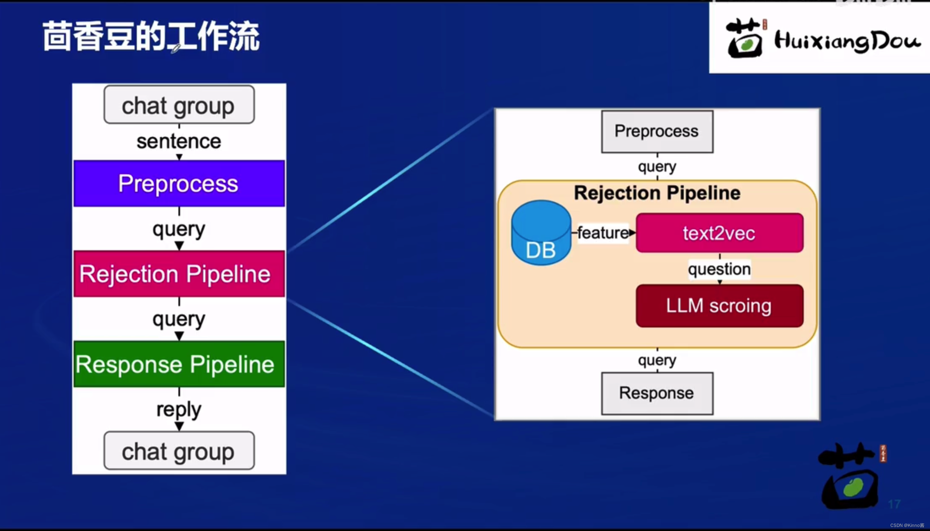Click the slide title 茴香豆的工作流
[151, 36]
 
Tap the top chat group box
[179, 105]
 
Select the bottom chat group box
[179, 451]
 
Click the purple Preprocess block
[179, 183]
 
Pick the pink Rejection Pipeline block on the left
[179, 274]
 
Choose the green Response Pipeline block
[179, 364]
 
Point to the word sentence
[179, 142]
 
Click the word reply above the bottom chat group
[179, 409]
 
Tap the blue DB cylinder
[541, 233]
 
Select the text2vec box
[719, 233]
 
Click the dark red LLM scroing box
[719, 306]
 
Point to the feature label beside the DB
[603, 233]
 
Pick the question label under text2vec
[719, 269]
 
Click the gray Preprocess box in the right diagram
[657, 131]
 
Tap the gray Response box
[657, 393]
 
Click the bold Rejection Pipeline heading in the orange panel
[657, 193]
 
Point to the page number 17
[894, 504]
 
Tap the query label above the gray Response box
[657, 360]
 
